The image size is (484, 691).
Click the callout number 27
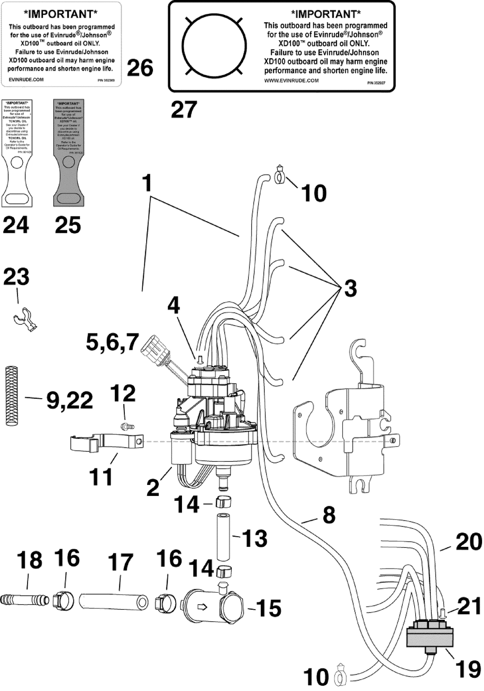tap(184, 110)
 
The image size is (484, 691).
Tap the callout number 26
tap(140, 68)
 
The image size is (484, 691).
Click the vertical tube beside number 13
tap(223, 536)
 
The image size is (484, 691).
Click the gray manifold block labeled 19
tap(430, 635)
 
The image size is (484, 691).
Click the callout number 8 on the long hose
tap(329, 516)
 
